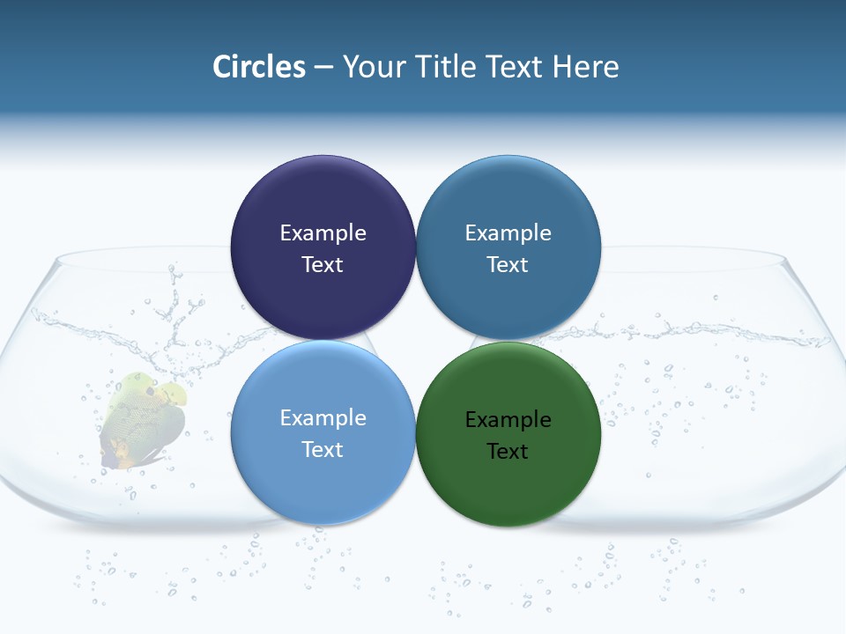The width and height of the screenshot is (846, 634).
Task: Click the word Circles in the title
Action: tap(258, 66)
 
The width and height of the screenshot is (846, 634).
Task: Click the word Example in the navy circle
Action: tap(323, 232)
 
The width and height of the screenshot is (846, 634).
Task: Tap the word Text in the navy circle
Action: tap(323, 264)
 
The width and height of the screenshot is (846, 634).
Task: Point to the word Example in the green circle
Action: tap(508, 419)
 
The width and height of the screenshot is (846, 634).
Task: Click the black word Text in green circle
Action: tap(508, 451)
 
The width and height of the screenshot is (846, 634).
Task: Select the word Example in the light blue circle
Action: tap(323, 417)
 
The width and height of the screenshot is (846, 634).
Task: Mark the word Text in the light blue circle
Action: tap(323, 449)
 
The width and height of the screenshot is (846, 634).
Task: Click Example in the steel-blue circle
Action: tap(508, 232)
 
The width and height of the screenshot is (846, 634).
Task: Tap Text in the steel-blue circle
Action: tap(508, 264)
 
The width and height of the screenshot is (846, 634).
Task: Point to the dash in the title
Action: tap(323, 67)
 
